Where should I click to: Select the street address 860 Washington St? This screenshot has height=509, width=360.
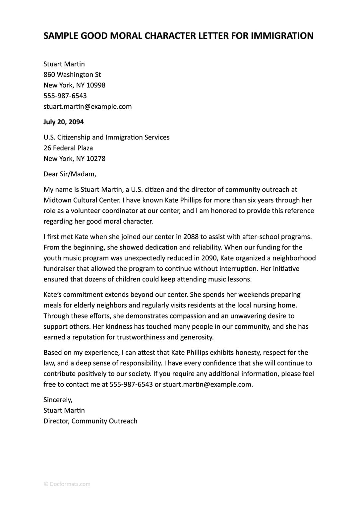tap(72, 75)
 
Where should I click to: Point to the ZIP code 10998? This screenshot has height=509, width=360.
tap(96, 85)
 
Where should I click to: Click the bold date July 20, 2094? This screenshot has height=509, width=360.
tap(64, 122)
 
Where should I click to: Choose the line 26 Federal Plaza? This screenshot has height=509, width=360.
tap(68, 148)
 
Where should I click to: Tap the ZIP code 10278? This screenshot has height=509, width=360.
tap(96, 159)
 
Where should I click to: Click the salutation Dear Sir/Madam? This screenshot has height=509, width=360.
tap(70, 174)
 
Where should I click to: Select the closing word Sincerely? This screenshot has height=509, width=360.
tap(58, 400)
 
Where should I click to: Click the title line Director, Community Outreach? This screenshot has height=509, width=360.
tap(90, 421)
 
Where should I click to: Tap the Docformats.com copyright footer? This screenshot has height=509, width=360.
tap(67, 484)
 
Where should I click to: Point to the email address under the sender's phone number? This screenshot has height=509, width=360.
tap(88, 107)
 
